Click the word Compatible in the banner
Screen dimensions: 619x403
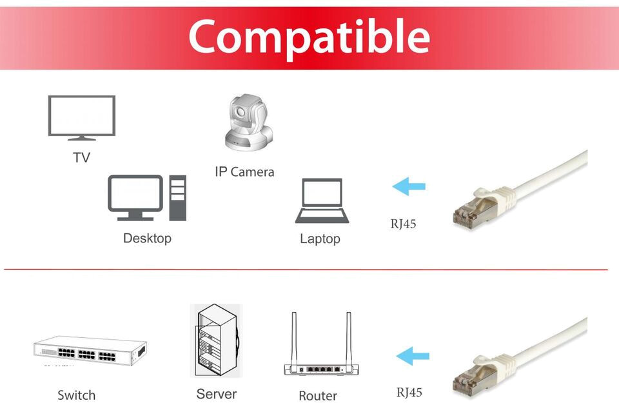coord(309,36)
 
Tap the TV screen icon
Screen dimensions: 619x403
coord(82,116)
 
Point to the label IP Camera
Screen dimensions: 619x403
coord(244,172)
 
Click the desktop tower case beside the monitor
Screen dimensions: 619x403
coord(177,198)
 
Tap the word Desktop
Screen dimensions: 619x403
coord(147,239)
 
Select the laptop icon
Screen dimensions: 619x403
coord(322,201)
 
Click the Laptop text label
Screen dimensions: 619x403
coord(320,239)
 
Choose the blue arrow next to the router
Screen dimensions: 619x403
coord(413,355)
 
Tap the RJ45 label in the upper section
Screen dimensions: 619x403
coord(404,224)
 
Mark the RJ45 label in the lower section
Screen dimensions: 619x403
coord(409,392)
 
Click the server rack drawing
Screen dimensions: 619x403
coord(216,340)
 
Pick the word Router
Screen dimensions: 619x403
coord(318,396)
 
